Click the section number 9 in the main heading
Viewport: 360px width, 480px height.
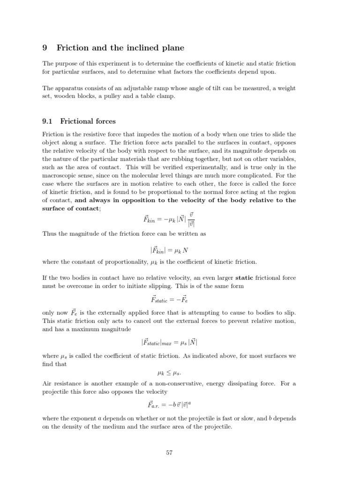(45, 47)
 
